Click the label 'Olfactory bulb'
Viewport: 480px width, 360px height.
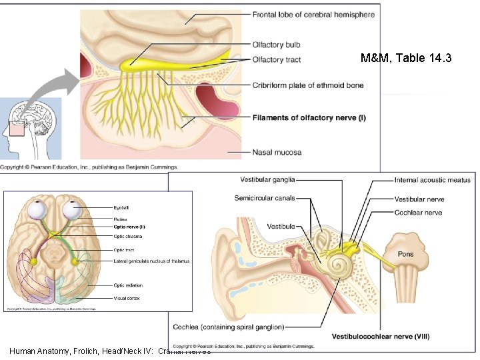click(276, 45)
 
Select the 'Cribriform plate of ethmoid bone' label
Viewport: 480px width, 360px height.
click(308, 85)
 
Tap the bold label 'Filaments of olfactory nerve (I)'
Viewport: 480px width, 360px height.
click(309, 118)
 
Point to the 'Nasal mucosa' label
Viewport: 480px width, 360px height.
click(277, 152)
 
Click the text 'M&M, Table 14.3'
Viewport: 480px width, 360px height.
click(405, 59)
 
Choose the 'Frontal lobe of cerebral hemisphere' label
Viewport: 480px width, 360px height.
click(313, 15)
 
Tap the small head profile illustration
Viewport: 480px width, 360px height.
click(30, 127)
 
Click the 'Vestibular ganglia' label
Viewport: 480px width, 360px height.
click(267, 179)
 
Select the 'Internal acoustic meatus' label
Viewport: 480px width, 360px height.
click(432, 180)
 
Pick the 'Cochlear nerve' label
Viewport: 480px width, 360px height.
click(418, 213)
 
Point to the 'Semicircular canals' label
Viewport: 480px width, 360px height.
click(265, 198)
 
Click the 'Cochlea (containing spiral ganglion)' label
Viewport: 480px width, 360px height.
click(228, 327)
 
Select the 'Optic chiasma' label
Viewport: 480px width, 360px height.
click(127, 237)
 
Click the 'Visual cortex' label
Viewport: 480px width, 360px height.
click(127, 298)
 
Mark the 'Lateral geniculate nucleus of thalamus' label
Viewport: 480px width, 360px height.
click(151, 261)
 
